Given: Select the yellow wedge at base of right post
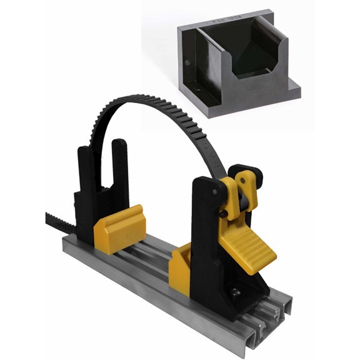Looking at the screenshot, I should (180, 269).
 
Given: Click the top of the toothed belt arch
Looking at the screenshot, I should (156, 100).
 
